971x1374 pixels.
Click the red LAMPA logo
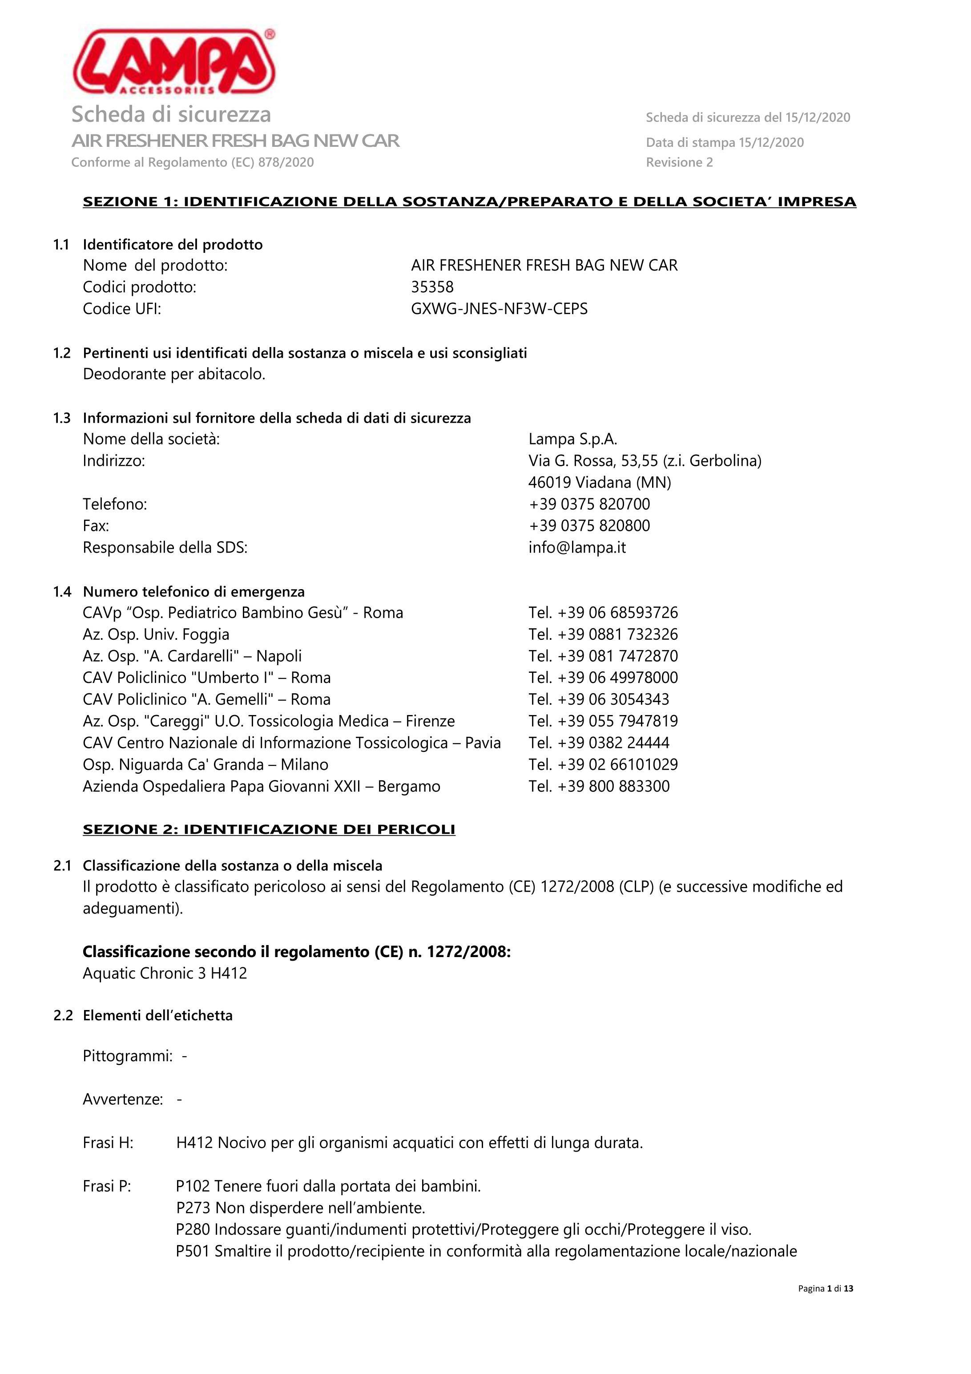coord(173,63)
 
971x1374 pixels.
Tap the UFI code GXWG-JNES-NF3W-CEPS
coord(499,309)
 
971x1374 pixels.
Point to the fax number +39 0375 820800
coord(589,526)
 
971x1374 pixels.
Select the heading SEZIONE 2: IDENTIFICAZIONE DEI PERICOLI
coord(269,829)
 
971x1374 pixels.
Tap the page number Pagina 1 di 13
coord(825,1289)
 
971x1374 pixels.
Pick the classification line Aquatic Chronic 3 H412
coord(165,974)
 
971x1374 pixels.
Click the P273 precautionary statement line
coord(300,1208)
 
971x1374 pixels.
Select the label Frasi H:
coord(108,1143)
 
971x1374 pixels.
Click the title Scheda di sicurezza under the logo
coord(171,114)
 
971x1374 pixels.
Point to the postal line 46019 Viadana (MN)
coord(600,482)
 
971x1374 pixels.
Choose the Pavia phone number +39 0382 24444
coord(599,743)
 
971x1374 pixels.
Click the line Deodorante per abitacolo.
coord(174,375)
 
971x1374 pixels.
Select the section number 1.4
coord(62,592)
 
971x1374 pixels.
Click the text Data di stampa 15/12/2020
coord(725,142)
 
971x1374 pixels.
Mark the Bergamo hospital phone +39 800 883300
coord(599,786)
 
